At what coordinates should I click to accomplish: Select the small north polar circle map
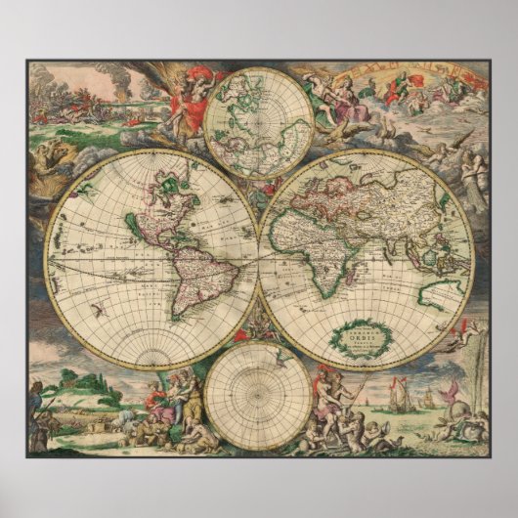[x=259, y=122]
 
